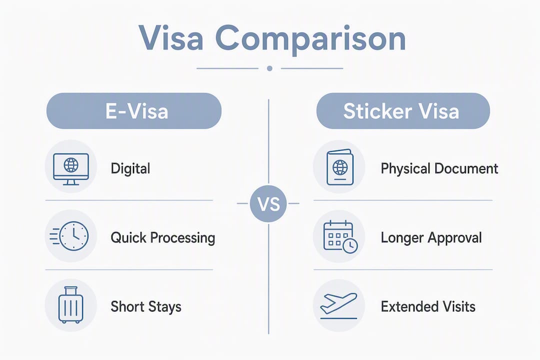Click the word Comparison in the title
pyautogui.click(x=310, y=39)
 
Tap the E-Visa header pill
pyautogui.click(x=134, y=111)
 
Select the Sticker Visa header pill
pyautogui.click(x=403, y=111)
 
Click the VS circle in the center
pyautogui.click(x=268, y=203)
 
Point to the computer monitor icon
pyautogui.click(x=71, y=169)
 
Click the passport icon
pyautogui.click(x=339, y=167)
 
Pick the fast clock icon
pyautogui.click(x=69, y=236)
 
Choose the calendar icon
pyautogui.click(x=340, y=236)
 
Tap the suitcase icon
pyautogui.click(x=71, y=305)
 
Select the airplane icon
pyautogui.click(x=338, y=305)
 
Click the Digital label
pyautogui.click(x=130, y=169)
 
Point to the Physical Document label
pyautogui.click(x=439, y=168)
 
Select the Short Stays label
pyautogui.click(x=146, y=306)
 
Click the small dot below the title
pyautogui.click(x=269, y=68)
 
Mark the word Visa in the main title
pyautogui.click(x=171, y=38)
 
